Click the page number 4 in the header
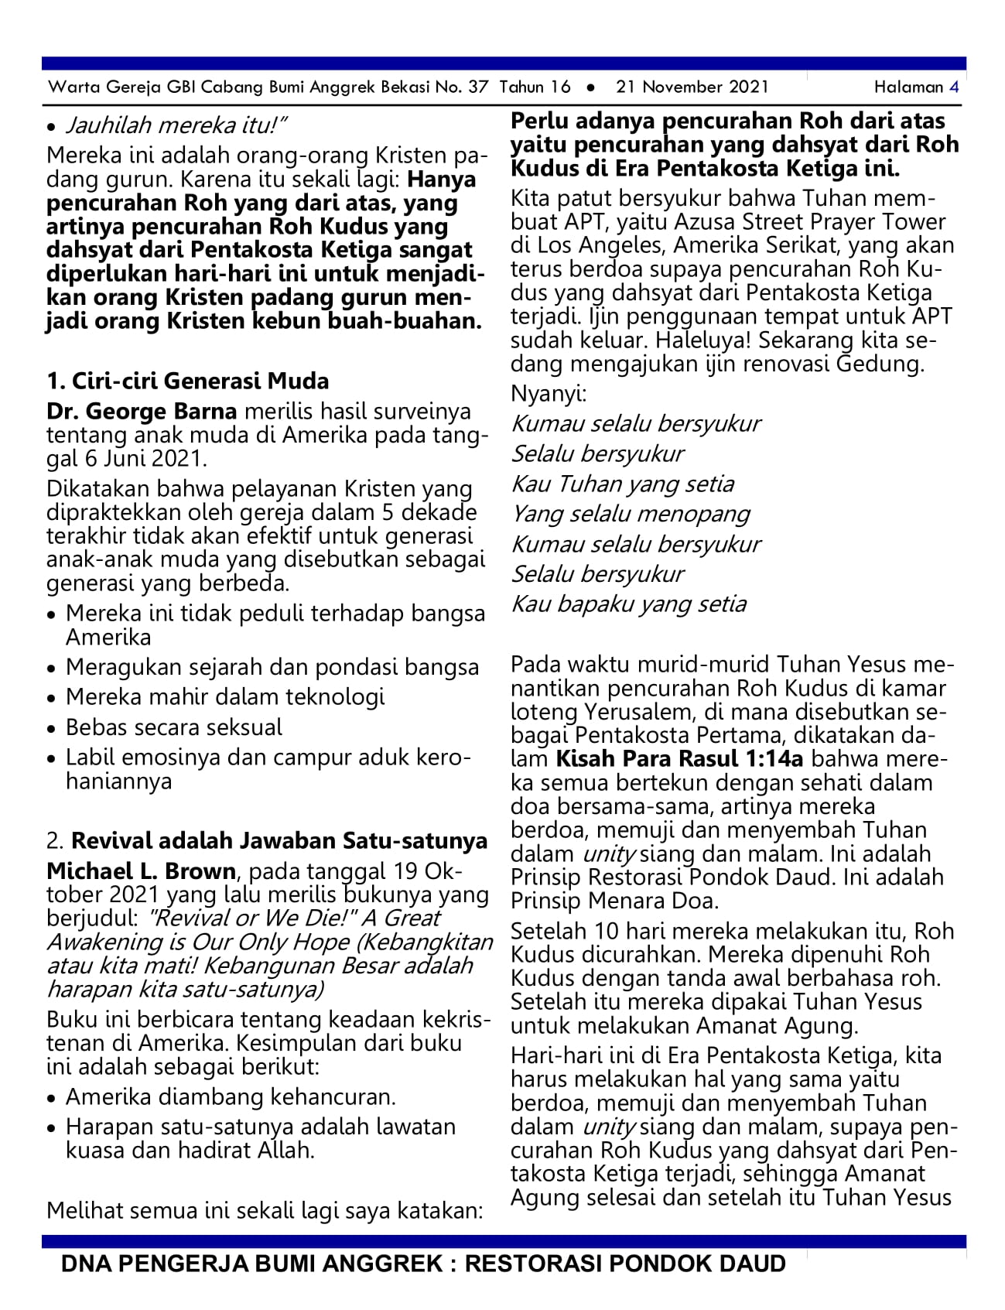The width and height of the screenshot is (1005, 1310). [954, 87]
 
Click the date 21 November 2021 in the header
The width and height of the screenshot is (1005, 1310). [692, 87]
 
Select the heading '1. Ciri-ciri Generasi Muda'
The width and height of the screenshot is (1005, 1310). [188, 381]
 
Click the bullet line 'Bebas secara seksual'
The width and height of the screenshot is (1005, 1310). [174, 727]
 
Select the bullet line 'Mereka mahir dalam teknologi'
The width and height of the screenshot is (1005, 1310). [225, 697]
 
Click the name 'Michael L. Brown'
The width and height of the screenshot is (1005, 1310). [142, 870]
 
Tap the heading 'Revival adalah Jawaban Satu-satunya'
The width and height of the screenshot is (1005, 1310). [279, 840]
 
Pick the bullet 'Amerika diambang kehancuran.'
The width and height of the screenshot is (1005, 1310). [231, 1097]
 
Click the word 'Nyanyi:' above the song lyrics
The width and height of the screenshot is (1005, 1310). [549, 393]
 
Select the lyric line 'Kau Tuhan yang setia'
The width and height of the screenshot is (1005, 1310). [623, 484]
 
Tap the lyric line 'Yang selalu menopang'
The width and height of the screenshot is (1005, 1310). [631, 515]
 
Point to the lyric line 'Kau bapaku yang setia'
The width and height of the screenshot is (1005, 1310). [629, 604]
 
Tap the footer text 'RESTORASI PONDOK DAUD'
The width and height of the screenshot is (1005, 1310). [625, 1264]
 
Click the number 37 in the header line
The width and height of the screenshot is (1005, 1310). [478, 87]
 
